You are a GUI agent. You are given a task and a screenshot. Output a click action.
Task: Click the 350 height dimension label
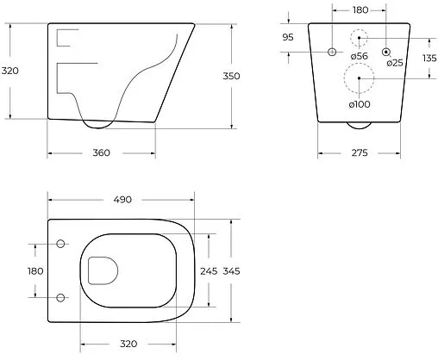tap(231, 76)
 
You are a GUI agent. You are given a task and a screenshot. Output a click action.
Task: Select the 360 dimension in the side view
tap(101, 152)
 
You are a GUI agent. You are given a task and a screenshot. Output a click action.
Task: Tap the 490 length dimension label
tap(122, 200)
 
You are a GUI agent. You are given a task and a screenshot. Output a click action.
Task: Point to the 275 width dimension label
tap(360, 152)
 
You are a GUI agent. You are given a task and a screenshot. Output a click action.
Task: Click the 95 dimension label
tap(288, 37)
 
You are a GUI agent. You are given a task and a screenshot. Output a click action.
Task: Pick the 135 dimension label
tap(429, 59)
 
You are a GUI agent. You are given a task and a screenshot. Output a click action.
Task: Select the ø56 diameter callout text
tap(360, 56)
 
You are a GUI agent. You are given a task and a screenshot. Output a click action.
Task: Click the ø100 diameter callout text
tap(360, 104)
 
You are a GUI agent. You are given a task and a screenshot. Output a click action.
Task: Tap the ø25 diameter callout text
tap(395, 63)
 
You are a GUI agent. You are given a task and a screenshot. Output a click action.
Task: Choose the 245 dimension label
tap(209, 271)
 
